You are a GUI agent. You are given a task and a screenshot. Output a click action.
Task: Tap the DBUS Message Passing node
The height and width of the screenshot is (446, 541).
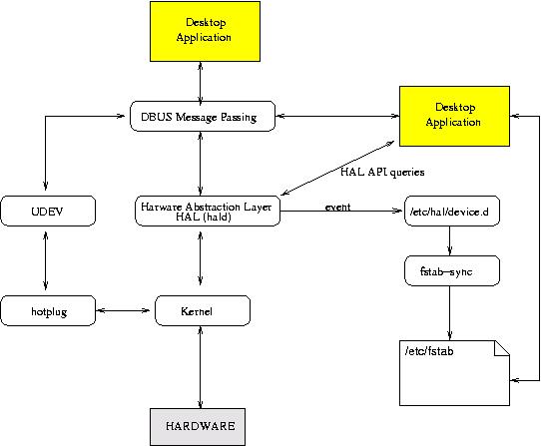[203, 118]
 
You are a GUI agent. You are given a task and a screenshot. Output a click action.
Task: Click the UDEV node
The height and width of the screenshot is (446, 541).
[48, 211]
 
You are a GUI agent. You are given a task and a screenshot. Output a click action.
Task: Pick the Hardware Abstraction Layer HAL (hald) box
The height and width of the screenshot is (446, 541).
[207, 211]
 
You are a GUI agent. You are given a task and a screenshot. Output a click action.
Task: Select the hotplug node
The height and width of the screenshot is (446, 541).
[48, 310]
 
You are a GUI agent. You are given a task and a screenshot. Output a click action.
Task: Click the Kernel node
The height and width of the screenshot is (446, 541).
[203, 310]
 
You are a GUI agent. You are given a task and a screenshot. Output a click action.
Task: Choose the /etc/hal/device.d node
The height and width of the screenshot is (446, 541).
[449, 212]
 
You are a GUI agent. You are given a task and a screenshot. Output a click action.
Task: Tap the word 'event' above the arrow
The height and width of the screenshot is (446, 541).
[336, 206]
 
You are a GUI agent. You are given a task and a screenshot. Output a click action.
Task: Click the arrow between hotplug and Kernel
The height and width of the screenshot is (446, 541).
[125, 310]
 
